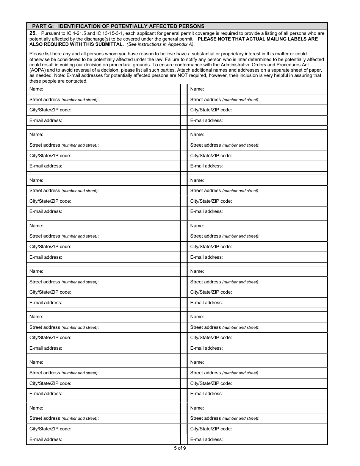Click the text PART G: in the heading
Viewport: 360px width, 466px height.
pos(43,26)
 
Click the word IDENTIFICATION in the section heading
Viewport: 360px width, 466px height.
pos(77,26)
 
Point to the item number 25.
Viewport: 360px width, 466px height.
pos(33,33)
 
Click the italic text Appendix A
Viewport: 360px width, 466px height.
pos(183,44)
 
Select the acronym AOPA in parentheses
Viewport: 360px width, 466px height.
pos(39,70)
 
